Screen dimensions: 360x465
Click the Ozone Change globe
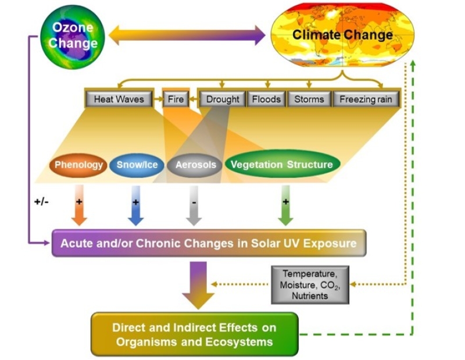[73, 36]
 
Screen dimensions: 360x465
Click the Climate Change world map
[342, 35]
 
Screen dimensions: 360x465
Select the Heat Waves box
[119, 99]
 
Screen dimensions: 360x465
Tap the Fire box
[176, 99]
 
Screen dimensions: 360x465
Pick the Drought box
[223, 99]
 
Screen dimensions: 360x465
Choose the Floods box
[266, 99]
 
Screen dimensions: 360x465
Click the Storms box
[309, 99]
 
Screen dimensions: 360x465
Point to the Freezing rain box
[366, 99]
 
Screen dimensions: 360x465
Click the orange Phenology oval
[78, 165]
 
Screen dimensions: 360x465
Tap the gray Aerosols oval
[195, 165]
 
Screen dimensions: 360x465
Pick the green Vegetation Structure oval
[281, 165]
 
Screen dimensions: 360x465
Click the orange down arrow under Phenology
[79, 206]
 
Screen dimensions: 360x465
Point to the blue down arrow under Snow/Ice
[135, 206]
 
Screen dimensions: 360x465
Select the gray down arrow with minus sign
[194, 206]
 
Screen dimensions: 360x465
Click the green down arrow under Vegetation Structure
[285, 206]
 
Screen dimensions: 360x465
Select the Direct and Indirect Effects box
[194, 334]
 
